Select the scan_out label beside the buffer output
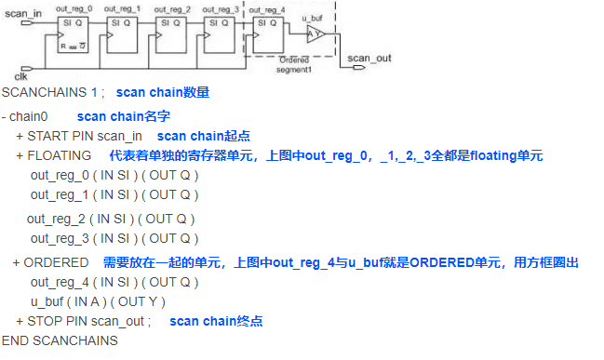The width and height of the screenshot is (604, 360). click(x=369, y=58)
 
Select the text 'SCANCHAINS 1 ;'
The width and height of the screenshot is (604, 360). click(x=47, y=93)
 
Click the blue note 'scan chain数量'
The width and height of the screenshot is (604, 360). click(x=163, y=93)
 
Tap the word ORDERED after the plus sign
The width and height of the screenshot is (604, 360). click(x=56, y=263)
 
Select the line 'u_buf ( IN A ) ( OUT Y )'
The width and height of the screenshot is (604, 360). click(x=98, y=301)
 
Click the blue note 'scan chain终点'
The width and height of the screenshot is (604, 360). click(x=216, y=321)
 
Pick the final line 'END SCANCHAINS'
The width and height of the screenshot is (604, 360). click(x=60, y=340)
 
